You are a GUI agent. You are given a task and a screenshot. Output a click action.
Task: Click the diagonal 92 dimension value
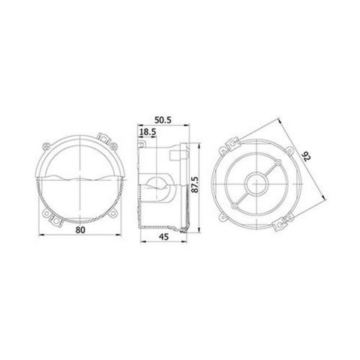pyautogui.click(x=307, y=157)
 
